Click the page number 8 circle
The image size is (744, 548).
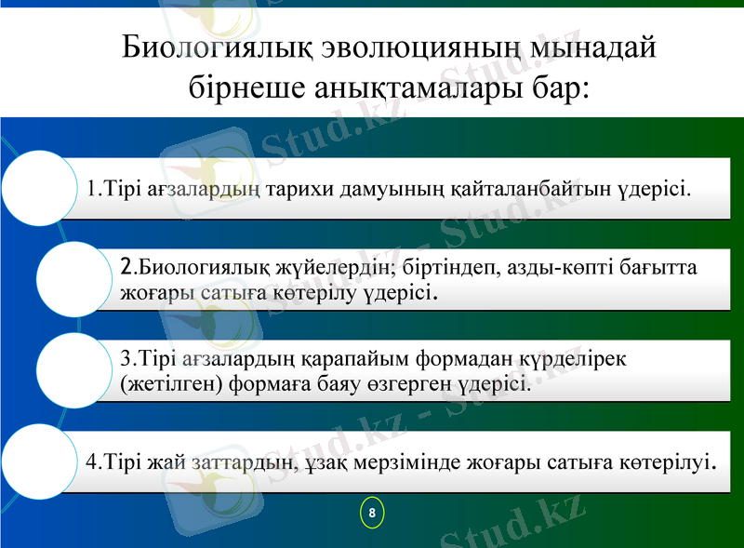[371, 513]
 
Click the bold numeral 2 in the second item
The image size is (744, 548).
[127, 268]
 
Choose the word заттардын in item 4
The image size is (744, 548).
[251, 461]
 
